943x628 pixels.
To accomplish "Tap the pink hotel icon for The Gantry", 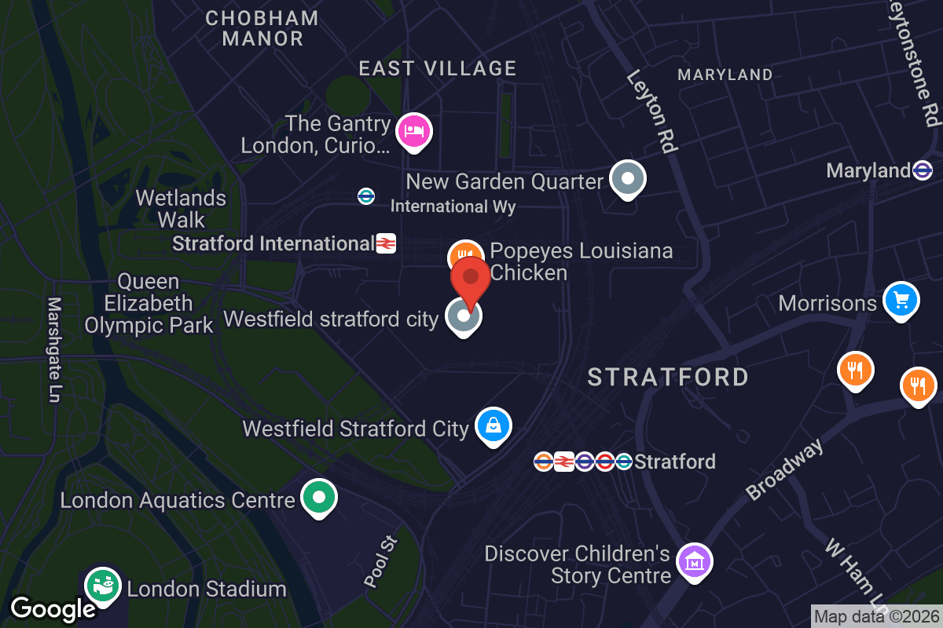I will click(414, 131).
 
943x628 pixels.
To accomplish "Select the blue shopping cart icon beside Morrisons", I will click(901, 300).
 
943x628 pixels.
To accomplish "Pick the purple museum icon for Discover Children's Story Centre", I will click(695, 562).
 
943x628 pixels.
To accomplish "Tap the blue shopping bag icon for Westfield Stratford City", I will click(493, 426).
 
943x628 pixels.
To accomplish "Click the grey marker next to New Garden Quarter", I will click(627, 179).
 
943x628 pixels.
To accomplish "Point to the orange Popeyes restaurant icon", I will click(464, 256).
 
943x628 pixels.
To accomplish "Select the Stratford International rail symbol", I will click(385, 243).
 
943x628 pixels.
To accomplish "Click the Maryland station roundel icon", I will click(923, 170).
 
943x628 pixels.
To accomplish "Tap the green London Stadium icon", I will click(103, 585).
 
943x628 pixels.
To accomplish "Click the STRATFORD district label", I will click(668, 378).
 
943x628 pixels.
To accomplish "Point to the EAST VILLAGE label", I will click(438, 68).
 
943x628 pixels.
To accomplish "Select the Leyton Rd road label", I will click(651, 110).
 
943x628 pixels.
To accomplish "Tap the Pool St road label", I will click(382, 561).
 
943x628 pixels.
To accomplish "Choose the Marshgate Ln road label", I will click(54, 349).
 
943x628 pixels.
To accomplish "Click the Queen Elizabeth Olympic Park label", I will click(149, 303).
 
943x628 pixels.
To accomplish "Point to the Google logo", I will click(53, 608).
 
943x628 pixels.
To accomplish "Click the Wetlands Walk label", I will click(181, 209).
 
